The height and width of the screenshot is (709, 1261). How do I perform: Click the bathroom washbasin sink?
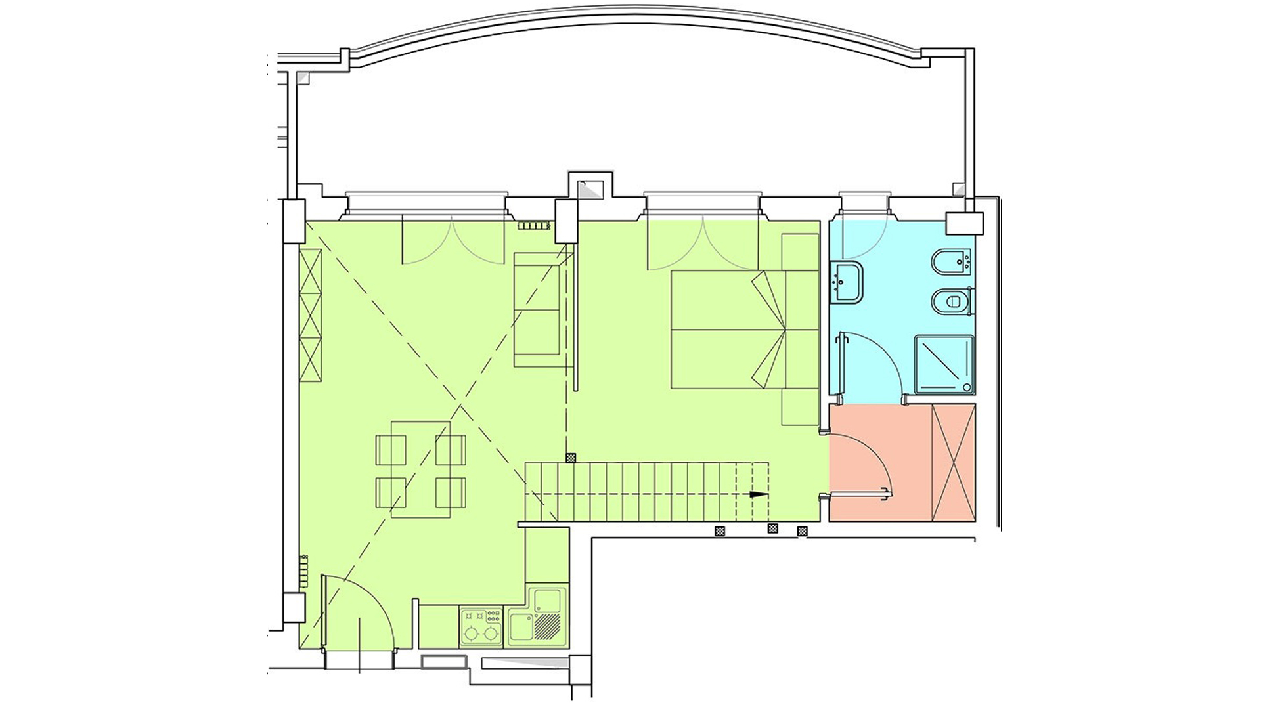coord(847,282)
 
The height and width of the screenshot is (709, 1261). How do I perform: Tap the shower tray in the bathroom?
coord(944,364)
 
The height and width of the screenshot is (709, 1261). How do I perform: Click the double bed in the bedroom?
coord(729,329)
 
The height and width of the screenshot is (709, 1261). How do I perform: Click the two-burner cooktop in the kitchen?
coord(481,626)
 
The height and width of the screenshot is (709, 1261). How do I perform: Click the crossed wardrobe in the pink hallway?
coord(953,463)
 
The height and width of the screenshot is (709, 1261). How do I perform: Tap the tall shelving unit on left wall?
coord(310,315)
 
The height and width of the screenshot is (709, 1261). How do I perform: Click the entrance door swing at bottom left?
coord(358,611)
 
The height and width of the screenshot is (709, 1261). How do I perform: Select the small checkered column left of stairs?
coord(571,458)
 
